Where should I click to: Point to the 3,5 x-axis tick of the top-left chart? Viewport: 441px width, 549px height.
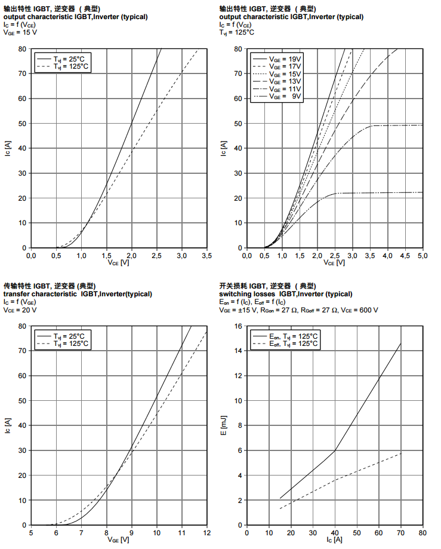click(x=206, y=255)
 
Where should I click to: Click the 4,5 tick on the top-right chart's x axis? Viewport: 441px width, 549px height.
click(x=405, y=255)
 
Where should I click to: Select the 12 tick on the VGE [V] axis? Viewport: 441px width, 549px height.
click(x=206, y=532)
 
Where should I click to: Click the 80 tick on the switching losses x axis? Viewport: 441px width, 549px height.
click(x=422, y=532)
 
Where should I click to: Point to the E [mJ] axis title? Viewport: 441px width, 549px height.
click(x=224, y=425)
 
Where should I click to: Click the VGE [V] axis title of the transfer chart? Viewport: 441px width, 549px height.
click(x=118, y=540)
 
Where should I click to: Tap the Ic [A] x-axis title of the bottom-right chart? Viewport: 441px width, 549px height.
click(x=334, y=540)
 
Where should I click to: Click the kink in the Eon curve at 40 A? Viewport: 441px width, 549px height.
click(x=335, y=450)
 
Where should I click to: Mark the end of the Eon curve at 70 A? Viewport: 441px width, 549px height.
click(x=400, y=343)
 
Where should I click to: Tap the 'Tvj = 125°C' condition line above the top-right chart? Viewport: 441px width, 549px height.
click(x=237, y=32)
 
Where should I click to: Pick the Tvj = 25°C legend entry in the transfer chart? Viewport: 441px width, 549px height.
click(x=70, y=336)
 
